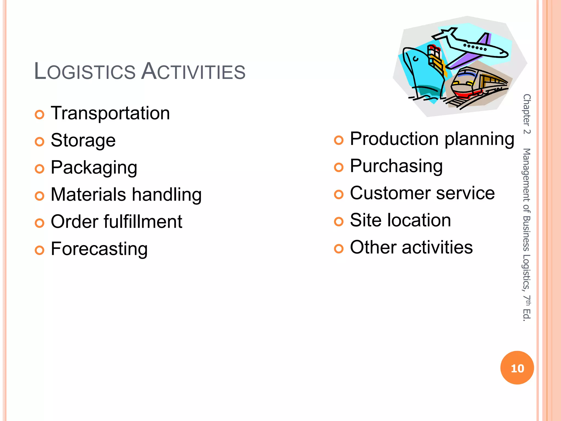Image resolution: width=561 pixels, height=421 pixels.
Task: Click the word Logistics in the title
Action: [85, 71]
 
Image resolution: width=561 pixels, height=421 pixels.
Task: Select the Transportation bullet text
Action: [110, 113]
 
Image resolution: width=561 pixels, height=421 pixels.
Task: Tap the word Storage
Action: [83, 140]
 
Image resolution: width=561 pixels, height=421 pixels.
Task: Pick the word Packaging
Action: [94, 167]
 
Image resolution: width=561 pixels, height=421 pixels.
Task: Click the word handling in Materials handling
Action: [167, 195]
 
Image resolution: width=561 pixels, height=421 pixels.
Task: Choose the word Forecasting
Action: [99, 249]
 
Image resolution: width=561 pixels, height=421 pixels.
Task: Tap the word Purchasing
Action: [396, 166]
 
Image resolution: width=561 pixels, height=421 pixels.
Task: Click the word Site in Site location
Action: [365, 220]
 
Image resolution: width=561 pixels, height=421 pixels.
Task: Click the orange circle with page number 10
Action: [517, 368]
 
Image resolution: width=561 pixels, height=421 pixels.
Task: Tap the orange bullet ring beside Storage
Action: [39, 142]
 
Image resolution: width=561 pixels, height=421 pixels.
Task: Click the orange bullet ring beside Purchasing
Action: [339, 167]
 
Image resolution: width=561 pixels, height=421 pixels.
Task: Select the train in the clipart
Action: [477, 85]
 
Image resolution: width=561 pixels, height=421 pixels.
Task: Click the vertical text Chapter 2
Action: [526, 114]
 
